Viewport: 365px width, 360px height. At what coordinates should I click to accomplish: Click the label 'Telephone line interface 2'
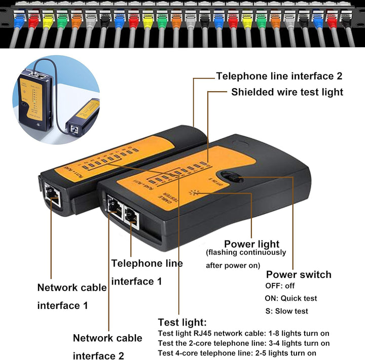tap(279, 76)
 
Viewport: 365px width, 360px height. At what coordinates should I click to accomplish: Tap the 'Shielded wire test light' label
tap(287, 92)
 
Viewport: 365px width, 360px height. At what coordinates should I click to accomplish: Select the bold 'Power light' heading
tap(251, 244)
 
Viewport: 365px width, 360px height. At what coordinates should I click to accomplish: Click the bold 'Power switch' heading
tap(299, 274)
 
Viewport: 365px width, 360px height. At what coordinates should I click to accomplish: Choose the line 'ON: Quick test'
tap(291, 299)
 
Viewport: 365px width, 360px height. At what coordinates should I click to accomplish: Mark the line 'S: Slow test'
tap(286, 311)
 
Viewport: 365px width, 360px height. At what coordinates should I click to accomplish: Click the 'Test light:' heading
tap(182, 322)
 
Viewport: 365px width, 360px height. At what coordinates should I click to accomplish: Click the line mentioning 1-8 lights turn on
tap(243, 334)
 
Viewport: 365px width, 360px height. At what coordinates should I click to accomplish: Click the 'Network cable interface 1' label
tap(71, 296)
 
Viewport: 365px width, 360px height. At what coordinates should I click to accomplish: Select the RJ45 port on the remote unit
tap(52, 195)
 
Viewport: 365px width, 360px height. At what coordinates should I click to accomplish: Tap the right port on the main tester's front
tap(131, 217)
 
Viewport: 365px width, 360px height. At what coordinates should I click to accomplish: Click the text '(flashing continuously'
tap(246, 253)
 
